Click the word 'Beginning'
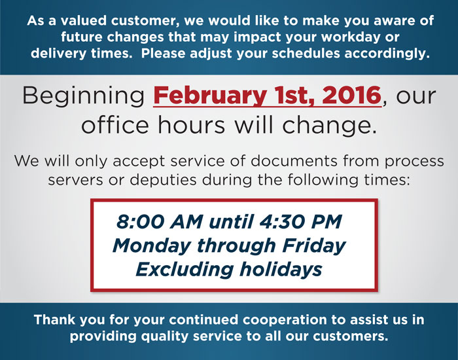(x=84, y=96)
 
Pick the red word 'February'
(x=210, y=96)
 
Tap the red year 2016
(x=352, y=96)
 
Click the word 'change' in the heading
(x=327, y=126)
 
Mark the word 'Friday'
(x=314, y=245)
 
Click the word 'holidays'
(x=281, y=270)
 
